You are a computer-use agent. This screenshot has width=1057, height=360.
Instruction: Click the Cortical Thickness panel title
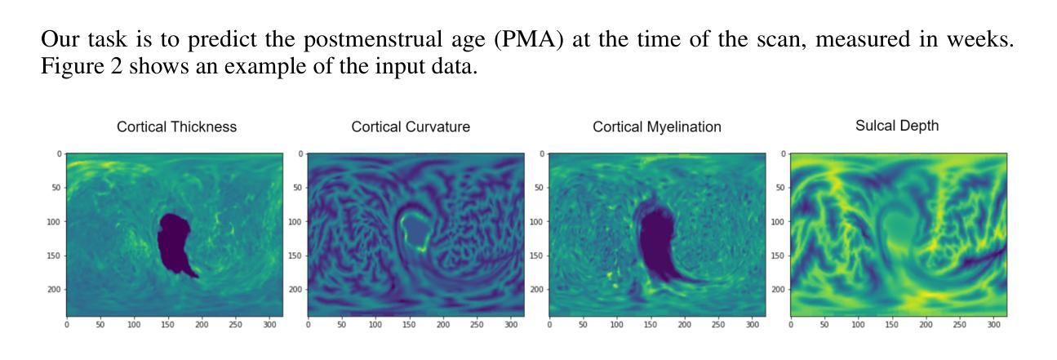(176, 127)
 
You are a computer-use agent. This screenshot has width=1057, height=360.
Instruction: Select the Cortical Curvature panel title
(411, 127)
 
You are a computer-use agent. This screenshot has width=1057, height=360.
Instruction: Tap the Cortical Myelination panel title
(657, 127)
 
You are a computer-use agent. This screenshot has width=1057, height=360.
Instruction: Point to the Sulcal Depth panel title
(897, 126)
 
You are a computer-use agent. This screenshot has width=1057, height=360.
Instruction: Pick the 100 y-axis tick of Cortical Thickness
(53, 222)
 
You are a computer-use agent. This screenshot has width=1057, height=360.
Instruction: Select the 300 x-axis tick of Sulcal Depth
(993, 325)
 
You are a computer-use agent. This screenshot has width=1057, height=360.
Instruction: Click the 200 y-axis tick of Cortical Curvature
(295, 290)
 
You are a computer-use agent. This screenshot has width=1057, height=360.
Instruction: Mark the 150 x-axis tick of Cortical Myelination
(651, 325)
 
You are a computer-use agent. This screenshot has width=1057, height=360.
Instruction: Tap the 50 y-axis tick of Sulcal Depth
(780, 188)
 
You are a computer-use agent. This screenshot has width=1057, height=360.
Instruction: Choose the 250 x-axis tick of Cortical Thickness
(235, 325)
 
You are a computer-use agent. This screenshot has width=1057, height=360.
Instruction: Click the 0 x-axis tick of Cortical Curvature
(309, 325)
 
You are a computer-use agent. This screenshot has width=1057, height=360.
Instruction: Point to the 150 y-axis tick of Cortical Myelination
(536, 256)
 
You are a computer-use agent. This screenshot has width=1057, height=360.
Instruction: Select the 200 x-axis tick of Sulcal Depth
(926, 325)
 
